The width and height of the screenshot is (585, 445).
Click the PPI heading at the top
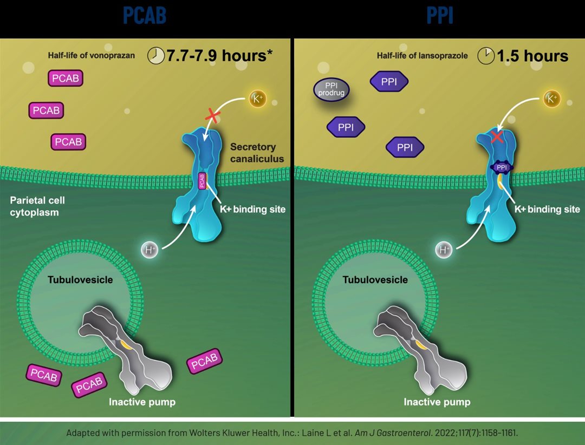pos(439,16)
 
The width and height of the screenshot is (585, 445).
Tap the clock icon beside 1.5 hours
pos(486,56)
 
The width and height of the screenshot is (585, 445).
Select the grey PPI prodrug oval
pos(332,89)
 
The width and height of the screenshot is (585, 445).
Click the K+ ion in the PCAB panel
pos(257,99)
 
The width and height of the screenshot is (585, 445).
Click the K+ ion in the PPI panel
pos(551,99)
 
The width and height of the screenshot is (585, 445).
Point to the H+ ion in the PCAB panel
pos(149,250)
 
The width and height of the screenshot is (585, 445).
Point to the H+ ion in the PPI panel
pos(444,250)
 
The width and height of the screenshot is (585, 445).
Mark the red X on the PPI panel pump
pos(497,138)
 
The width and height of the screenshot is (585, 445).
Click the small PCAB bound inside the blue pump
pos(202,181)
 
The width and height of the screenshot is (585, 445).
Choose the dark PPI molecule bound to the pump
pos(502,168)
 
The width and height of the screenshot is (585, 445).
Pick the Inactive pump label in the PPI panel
pos(437,402)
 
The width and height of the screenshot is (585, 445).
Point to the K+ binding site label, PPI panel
pos(548,209)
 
